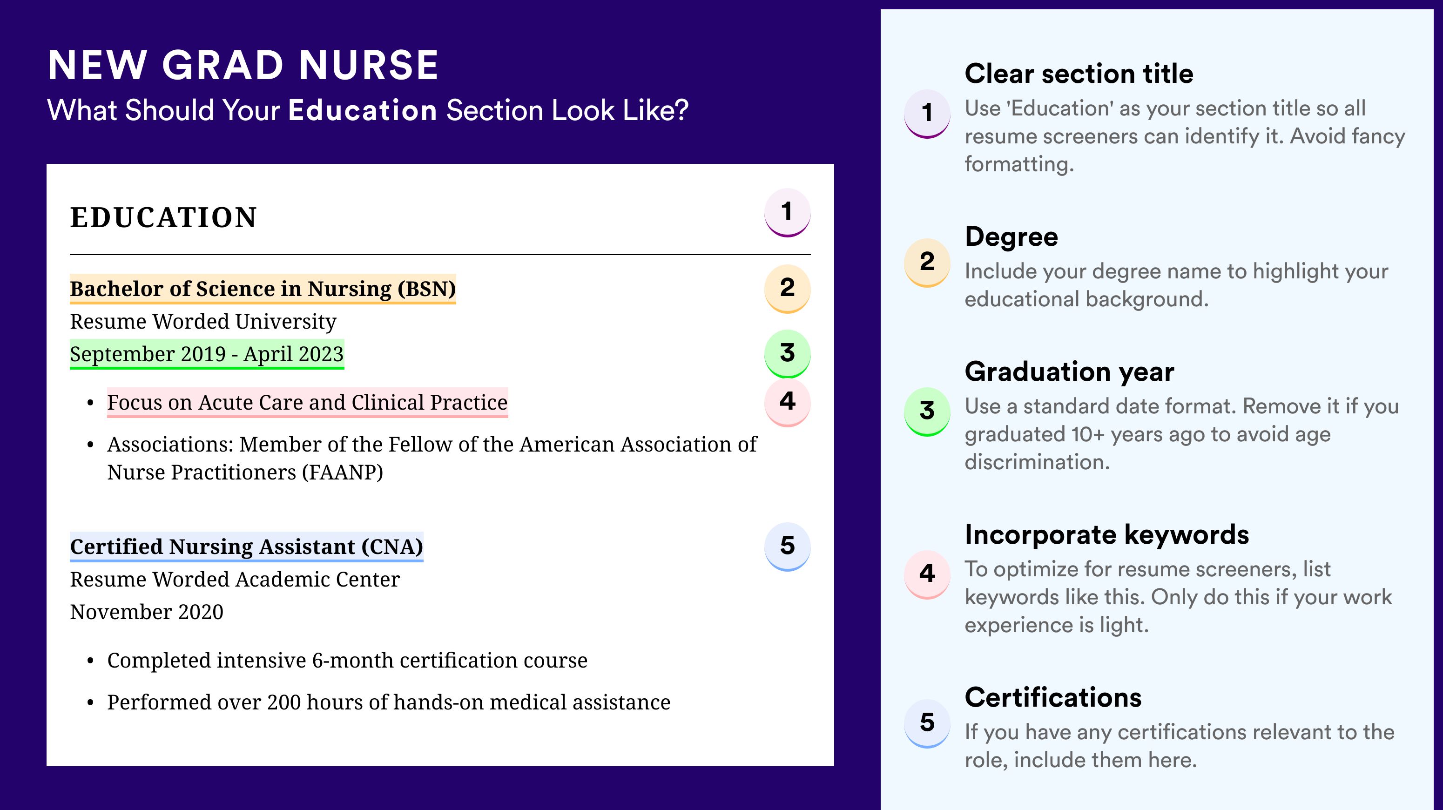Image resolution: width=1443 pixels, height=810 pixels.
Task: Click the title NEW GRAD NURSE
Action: (x=243, y=65)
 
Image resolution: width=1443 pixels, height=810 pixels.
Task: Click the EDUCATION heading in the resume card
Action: (x=163, y=217)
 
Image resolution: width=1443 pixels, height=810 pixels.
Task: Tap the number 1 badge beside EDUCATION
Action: (x=787, y=212)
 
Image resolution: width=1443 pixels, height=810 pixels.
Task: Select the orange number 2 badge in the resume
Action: (x=787, y=289)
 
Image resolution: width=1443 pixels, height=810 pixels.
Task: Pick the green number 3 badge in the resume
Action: (x=787, y=353)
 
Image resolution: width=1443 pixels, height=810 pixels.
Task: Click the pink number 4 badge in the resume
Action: (x=787, y=402)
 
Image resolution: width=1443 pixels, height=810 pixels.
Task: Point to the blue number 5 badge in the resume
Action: (x=787, y=546)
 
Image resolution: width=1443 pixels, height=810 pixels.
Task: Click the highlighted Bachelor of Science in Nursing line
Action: (x=263, y=289)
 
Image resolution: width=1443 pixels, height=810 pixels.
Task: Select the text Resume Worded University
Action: (x=203, y=322)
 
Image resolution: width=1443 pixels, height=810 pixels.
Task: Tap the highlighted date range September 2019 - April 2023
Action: (x=207, y=354)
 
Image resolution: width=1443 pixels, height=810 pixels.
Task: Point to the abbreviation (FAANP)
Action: (x=342, y=472)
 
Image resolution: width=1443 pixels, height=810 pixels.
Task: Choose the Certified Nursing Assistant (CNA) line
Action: (x=247, y=547)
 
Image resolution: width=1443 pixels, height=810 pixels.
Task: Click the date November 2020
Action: (x=147, y=612)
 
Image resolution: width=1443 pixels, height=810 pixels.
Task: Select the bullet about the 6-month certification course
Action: (x=347, y=661)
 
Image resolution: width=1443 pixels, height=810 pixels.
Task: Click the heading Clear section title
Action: (x=1079, y=74)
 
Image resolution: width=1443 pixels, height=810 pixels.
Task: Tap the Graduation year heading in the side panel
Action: (x=1069, y=371)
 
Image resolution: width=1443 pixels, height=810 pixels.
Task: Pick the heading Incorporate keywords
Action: (x=1107, y=534)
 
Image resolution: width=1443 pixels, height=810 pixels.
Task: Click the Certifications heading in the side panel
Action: (x=1053, y=697)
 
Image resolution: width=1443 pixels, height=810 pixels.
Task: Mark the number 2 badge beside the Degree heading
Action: (x=927, y=262)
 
